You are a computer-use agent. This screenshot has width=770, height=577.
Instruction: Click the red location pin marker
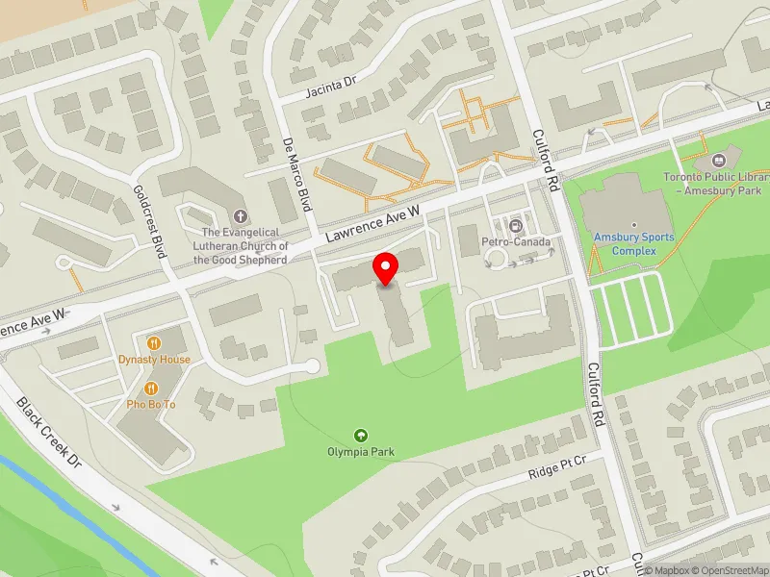point(386,267)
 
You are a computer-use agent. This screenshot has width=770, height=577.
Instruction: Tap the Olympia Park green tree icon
point(361,435)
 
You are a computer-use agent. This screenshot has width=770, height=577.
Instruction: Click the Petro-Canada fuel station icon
point(515,226)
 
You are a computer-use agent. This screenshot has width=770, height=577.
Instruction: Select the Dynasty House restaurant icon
point(154,342)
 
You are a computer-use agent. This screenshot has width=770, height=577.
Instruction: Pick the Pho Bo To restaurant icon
point(152,388)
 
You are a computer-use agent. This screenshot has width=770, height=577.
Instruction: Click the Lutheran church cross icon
point(240,216)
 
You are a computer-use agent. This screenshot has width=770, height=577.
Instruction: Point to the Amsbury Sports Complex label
point(633,243)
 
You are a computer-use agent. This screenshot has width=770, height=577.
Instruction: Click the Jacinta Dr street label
point(331,88)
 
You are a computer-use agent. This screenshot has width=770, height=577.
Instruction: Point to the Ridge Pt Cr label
point(557,469)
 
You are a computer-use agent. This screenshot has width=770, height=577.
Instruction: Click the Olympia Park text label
point(361,452)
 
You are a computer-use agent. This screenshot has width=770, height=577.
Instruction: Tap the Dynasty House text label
point(154,360)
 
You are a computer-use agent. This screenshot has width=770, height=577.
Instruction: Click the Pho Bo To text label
point(152,405)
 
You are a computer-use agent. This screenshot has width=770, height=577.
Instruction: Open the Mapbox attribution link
point(666,570)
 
